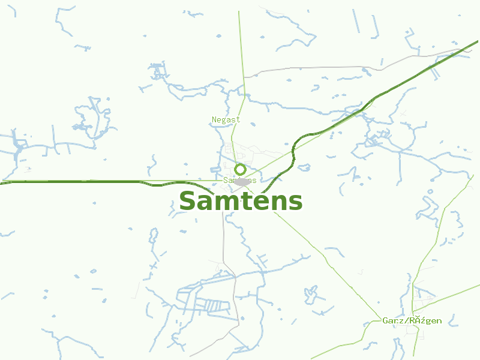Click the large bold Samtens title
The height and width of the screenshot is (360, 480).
pos(241,202)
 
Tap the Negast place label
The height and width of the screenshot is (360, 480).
pos(226,119)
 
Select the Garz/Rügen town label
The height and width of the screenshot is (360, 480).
pos(412,320)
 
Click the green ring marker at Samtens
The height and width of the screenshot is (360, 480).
pos(240,169)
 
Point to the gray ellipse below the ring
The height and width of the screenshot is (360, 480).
pos(242,181)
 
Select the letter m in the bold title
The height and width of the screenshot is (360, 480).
pos(225,203)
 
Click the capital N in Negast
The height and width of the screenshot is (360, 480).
pos(214,119)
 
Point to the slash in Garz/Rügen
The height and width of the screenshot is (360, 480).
pos(404,320)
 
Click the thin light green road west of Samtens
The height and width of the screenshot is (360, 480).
pos(90,180)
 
